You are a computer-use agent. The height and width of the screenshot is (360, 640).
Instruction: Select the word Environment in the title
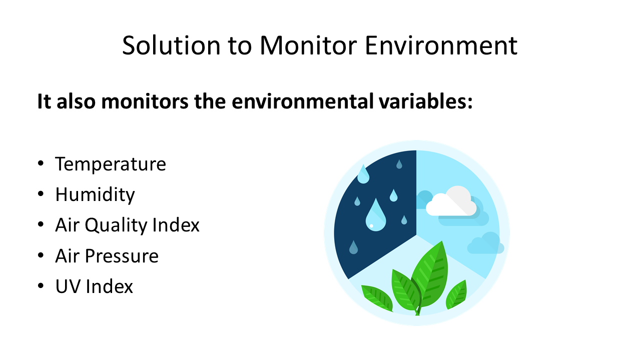[441, 45]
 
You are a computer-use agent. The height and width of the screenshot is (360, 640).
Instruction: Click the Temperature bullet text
[111, 164]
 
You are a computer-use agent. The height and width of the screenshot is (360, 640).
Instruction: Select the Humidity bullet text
[95, 194]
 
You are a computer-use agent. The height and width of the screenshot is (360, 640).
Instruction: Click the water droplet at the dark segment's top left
[363, 174]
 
